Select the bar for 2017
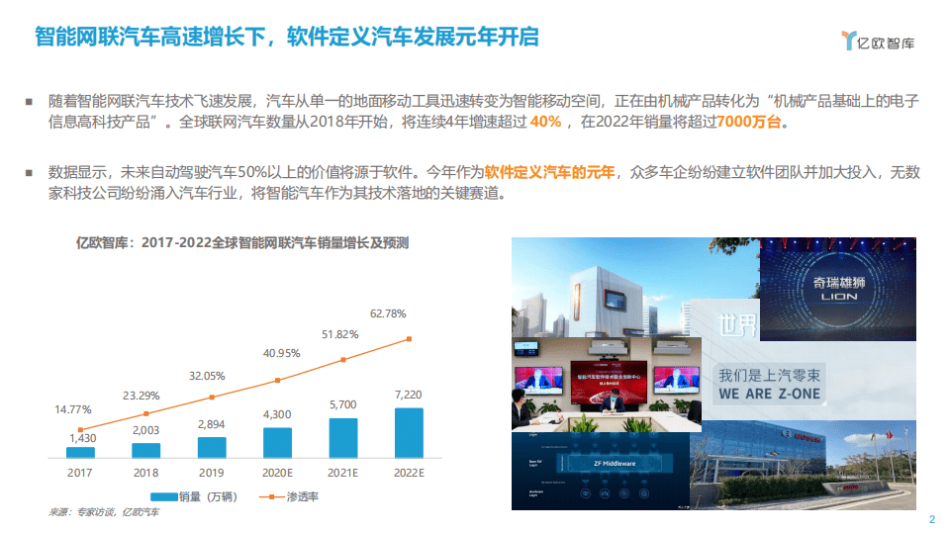coord(80,452)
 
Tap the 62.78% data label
coord(388,313)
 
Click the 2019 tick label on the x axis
coord(212,472)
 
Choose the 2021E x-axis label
coord(342,472)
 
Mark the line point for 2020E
coord(277,380)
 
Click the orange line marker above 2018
coord(146,413)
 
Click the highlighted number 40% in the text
coord(545,122)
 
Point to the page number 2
coord(931,520)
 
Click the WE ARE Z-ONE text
coord(769,394)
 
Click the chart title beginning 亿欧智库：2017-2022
coord(242,242)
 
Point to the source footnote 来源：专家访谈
coord(104,512)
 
